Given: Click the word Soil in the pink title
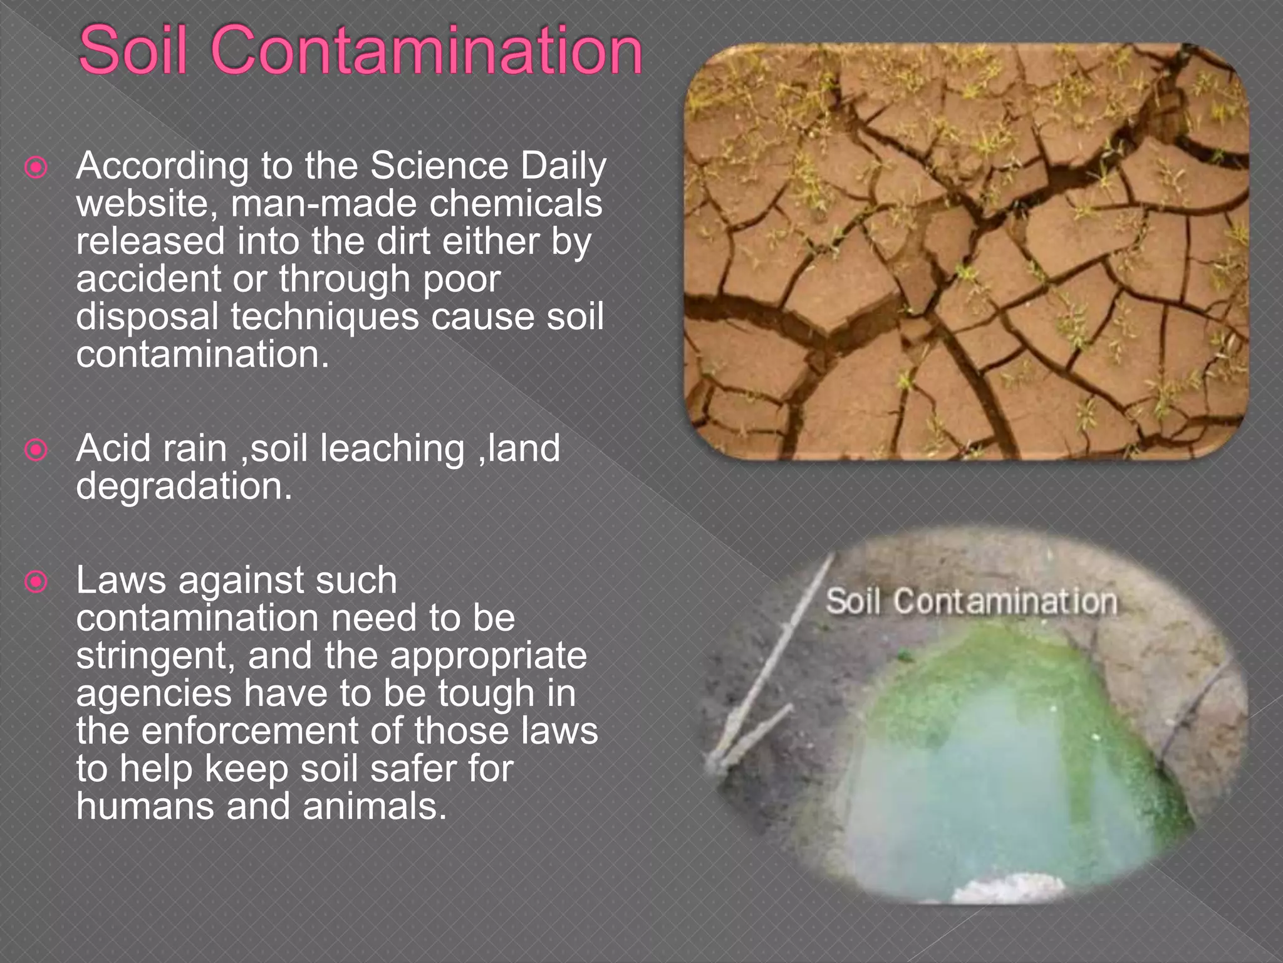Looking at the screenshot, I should (133, 50).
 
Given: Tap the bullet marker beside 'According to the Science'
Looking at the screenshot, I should (36, 167).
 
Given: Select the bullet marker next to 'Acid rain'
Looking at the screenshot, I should (36, 450).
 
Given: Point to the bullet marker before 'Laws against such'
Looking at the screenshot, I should (36, 582).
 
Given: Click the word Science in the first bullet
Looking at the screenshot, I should (439, 166).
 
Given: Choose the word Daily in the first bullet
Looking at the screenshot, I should (563, 167).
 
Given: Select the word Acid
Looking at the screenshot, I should (113, 449).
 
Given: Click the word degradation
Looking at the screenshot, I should (184, 487).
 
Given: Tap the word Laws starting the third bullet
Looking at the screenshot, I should (121, 581).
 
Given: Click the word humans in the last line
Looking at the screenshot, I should (145, 806).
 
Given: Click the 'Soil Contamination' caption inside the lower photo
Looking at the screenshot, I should (971, 602).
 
